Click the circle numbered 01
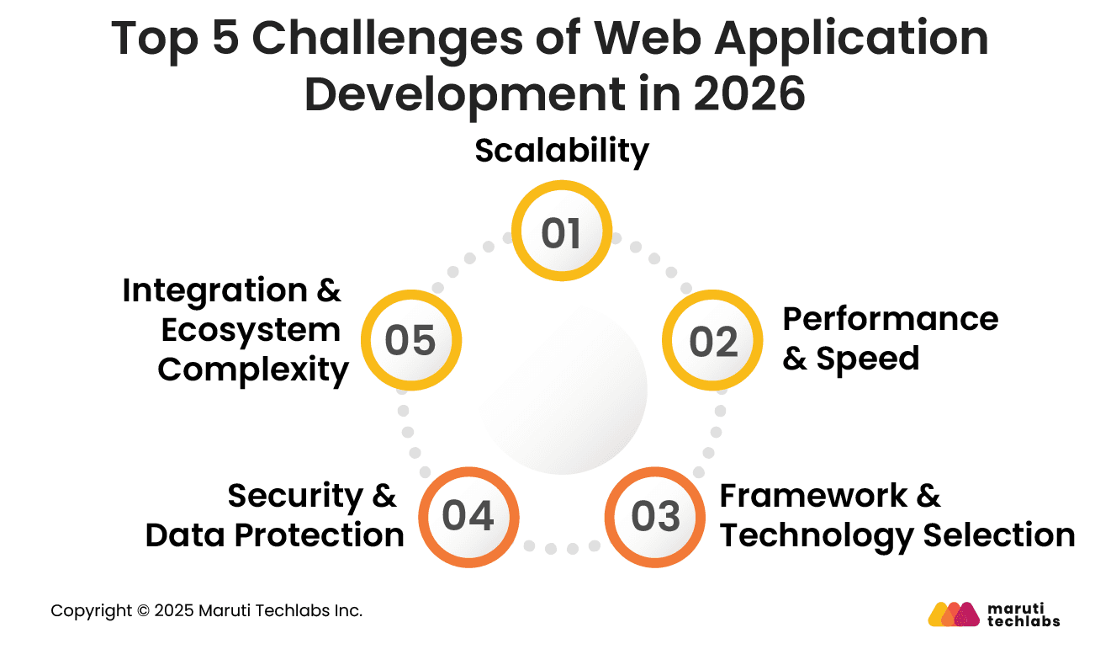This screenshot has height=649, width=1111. click(562, 232)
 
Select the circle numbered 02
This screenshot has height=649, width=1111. click(712, 341)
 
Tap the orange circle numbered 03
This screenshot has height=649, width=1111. click(655, 516)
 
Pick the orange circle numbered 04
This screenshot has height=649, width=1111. click(468, 516)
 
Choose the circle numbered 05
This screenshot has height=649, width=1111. click(410, 341)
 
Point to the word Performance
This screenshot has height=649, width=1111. click(890, 319)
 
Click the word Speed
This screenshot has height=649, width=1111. click(867, 359)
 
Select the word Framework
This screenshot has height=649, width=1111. click(813, 495)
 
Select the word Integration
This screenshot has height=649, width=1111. click(214, 290)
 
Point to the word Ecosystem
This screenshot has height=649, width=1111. click(251, 330)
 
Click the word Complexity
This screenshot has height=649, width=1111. click(253, 370)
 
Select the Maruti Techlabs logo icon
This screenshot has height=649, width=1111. click(954, 614)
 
